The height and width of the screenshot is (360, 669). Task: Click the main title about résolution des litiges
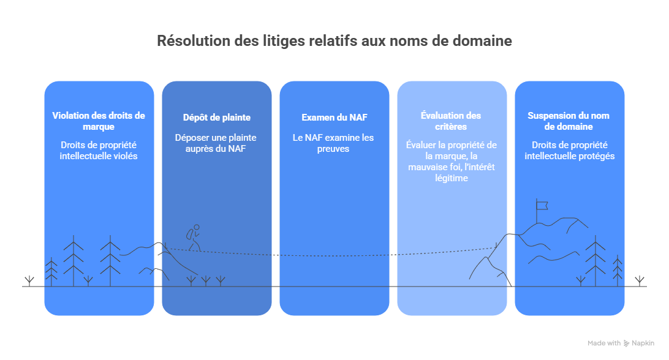[x=334, y=41]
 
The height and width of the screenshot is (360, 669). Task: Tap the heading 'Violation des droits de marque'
[x=99, y=121]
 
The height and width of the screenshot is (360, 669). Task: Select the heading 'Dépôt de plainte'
[x=216, y=118]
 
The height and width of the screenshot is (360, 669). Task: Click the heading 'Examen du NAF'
[x=334, y=118]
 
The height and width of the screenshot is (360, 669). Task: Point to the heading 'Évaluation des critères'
[x=452, y=121]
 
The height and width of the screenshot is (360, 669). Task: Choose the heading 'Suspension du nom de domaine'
[x=569, y=121]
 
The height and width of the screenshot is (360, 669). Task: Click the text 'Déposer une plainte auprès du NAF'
[x=216, y=143]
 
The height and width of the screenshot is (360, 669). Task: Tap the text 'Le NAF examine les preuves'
[x=334, y=143]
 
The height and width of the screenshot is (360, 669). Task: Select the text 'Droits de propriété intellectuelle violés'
[x=99, y=150]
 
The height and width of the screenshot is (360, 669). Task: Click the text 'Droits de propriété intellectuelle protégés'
[x=569, y=150]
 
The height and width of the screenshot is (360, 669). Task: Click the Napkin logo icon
[x=626, y=343]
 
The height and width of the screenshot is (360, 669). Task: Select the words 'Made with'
[x=604, y=343]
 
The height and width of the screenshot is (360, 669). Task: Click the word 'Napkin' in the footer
[x=643, y=343]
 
